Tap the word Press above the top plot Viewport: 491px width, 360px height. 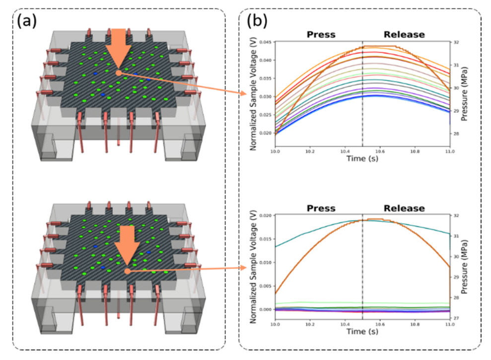point(321,35)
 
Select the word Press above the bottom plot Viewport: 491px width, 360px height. point(321,208)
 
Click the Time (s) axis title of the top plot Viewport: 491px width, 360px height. point(362,159)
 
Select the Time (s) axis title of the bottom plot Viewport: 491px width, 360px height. point(362,332)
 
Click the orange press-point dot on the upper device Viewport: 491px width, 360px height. point(118,72)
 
